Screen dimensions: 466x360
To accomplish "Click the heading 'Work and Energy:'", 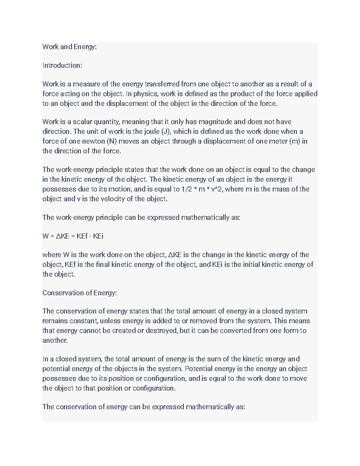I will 69,47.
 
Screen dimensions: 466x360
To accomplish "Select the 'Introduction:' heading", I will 62,65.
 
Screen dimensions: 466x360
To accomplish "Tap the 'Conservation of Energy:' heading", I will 79,293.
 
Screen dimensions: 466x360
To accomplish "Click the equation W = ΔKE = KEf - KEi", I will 73,236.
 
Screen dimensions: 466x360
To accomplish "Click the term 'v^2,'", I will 217,189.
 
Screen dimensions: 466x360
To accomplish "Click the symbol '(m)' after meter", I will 294,141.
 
